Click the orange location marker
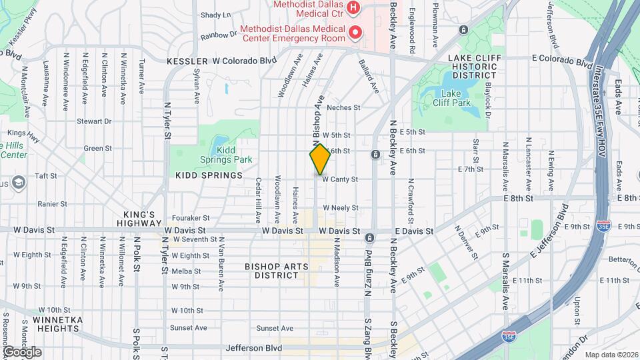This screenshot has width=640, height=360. tap(320, 159)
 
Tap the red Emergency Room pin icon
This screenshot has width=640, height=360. tap(356, 32)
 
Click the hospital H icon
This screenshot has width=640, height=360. tap(353, 8)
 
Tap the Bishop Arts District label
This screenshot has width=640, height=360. tap(277, 271)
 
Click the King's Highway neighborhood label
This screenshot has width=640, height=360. tap(139, 219)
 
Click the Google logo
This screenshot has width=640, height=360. tap(22, 352)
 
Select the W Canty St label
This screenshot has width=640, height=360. tap(341, 179)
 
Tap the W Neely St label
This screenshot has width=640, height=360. tap(341, 208)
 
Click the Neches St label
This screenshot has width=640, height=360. tap(344, 107)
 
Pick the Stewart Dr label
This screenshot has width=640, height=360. tap(94, 121)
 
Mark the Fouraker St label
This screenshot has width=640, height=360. tap(191, 217)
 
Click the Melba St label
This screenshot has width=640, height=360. tap(186, 271)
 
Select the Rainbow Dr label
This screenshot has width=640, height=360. tap(219, 35)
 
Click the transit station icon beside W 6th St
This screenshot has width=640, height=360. tap(375, 155)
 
